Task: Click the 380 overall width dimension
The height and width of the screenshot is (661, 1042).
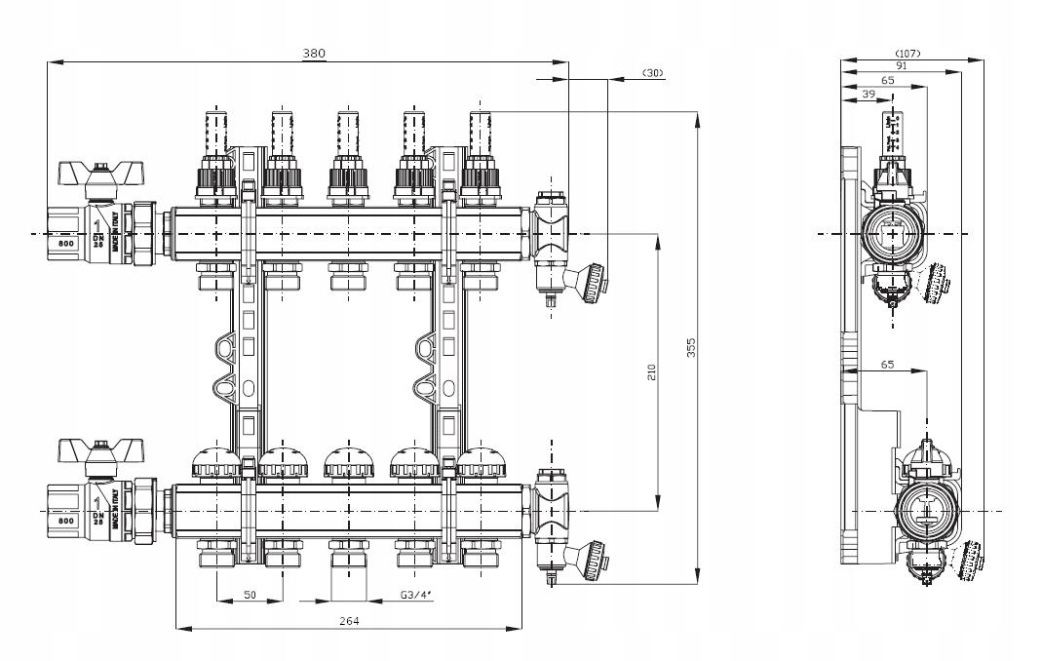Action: click(313, 54)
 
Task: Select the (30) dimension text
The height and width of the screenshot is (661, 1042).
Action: click(652, 73)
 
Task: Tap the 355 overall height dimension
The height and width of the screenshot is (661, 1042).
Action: click(690, 349)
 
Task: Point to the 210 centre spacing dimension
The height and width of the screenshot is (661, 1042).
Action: click(651, 371)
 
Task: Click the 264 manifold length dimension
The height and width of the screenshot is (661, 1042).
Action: click(348, 621)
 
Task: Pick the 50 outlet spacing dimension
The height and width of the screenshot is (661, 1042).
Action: click(250, 593)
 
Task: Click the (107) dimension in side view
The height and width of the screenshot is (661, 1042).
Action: click(907, 53)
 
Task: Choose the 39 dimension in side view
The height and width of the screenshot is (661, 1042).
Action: click(868, 93)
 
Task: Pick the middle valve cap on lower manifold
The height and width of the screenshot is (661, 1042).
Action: click(348, 463)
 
